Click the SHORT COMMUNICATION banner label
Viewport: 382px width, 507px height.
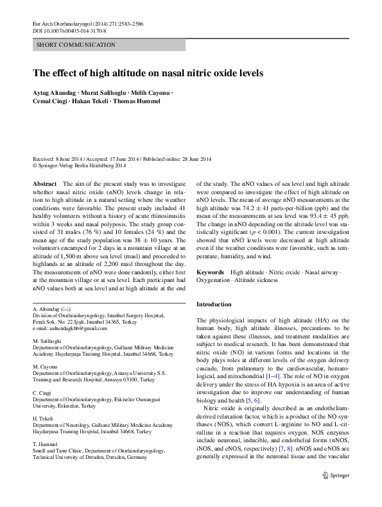[x=76, y=45]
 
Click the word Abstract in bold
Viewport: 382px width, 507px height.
[x=44, y=183]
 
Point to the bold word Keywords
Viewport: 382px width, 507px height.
[x=210, y=272]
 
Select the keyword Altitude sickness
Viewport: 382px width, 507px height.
[x=270, y=280]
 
